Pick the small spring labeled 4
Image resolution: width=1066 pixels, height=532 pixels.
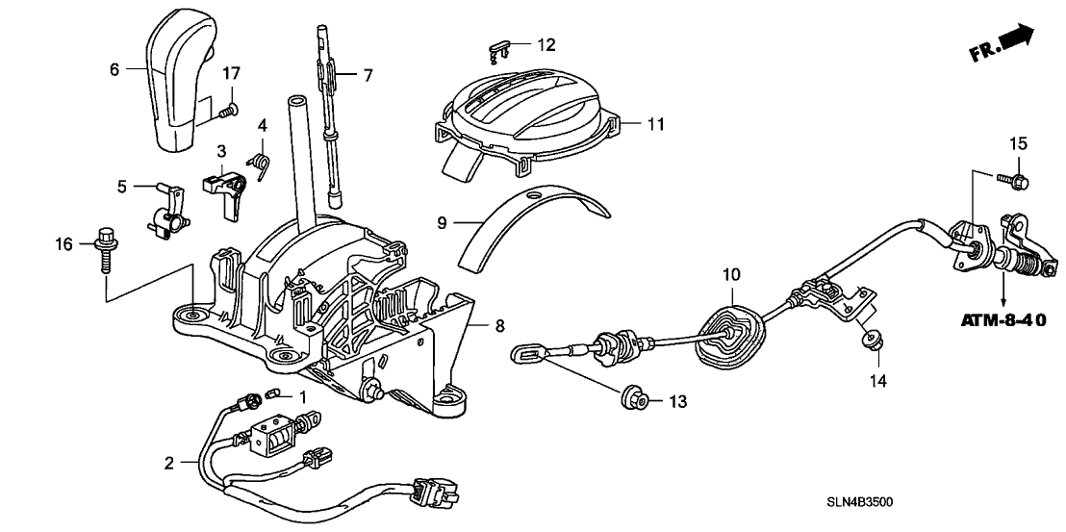tap(257, 165)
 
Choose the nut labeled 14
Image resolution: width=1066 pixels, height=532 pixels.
tap(871, 337)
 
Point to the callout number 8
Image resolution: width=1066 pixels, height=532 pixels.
tap(499, 326)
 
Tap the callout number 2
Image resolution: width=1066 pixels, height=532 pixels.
tap(168, 463)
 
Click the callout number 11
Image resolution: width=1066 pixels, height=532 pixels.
tap(655, 124)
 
